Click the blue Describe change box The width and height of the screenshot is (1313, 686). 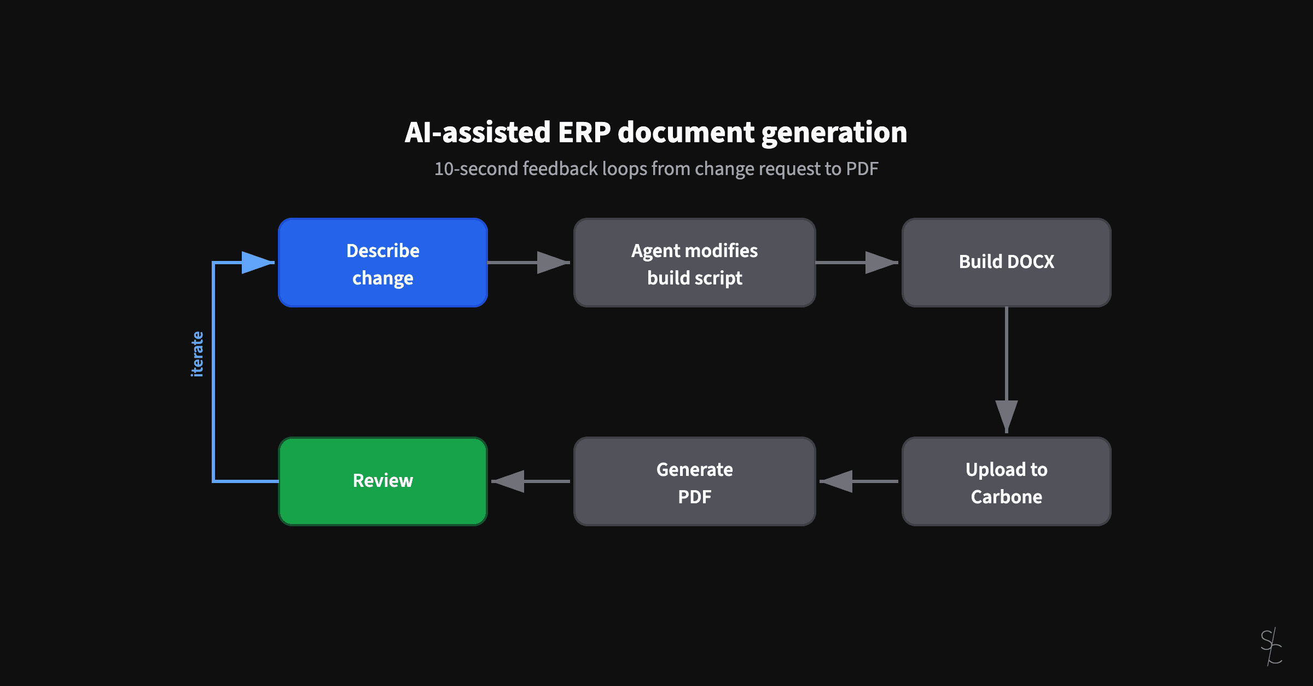382,263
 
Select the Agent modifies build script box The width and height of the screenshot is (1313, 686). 694,263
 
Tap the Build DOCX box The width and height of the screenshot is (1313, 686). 1006,263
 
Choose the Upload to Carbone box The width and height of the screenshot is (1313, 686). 1006,482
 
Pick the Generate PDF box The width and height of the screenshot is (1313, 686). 694,482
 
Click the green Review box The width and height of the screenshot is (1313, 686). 382,481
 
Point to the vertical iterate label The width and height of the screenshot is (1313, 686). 197,354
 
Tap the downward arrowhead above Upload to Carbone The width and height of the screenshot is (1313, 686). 1006,416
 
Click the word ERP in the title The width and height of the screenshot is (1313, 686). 584,132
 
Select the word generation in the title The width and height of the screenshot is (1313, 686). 834,132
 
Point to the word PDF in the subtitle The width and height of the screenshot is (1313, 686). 862,168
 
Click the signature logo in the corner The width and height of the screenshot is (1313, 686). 1271,647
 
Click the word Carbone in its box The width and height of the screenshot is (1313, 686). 1006,497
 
